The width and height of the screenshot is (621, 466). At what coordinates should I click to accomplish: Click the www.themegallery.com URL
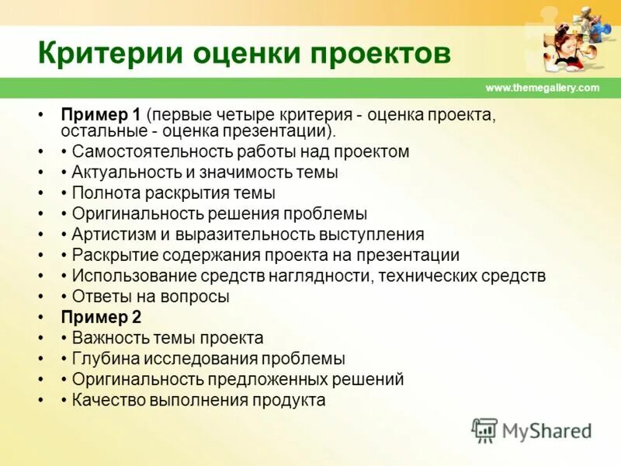pos(543,88)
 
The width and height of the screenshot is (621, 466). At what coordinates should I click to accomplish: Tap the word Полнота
pos(101,193)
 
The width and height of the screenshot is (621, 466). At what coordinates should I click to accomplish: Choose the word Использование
pos(122,276)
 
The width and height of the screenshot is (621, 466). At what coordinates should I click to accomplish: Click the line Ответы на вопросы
pos(150,297)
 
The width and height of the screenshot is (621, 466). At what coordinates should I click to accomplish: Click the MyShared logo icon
pos(484,429)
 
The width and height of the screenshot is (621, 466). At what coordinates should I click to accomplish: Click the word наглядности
pos(316,276)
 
